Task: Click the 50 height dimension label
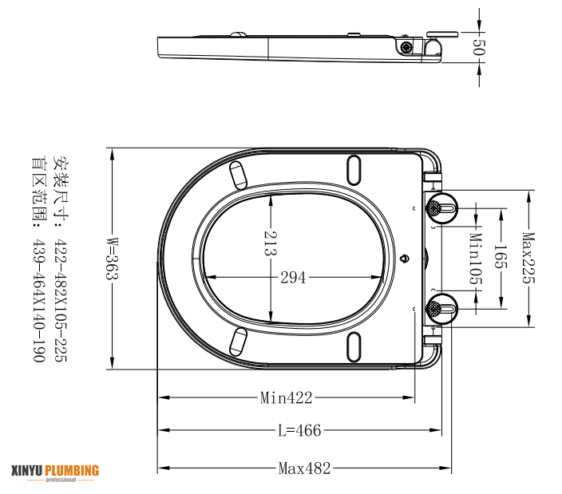[x=478, y=46]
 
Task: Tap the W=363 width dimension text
[x=113, y=258]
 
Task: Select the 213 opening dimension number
[x=271, y=243]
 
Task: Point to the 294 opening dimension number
[x=293, y=278]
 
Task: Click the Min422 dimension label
[x=286, y=397]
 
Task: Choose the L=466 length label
[x=299, y=430]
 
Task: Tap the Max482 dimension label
[x=305, y=468]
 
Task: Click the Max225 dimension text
[x=528, y=258]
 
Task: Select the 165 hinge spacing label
[x=501, y=257]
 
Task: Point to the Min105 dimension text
[x=476, y=259]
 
